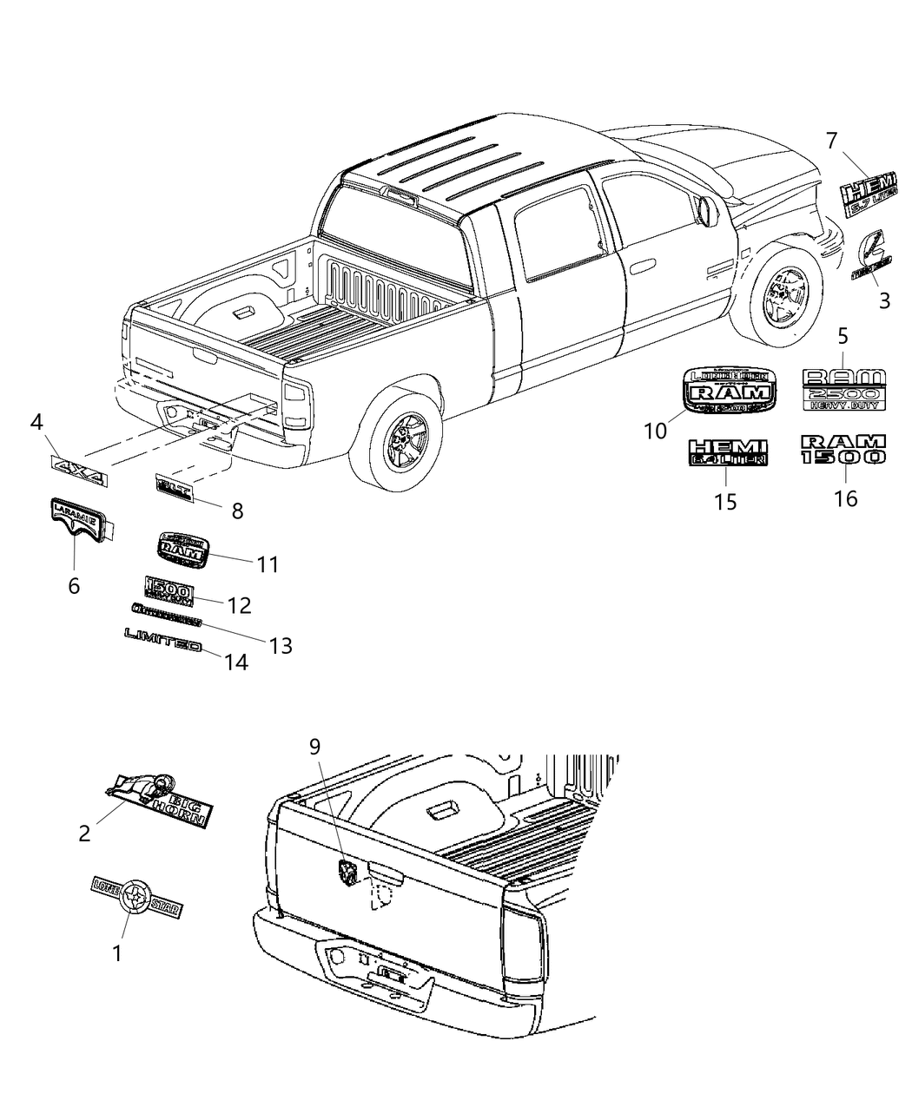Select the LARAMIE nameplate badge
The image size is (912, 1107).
pyautogui.click(x=74, y=519)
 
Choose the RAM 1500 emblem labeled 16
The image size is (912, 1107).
pyautogui.click(x=842, y=449)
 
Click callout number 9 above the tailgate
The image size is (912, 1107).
pyautogui.click(x=314, y=746)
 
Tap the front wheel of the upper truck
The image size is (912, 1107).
pyautogui.click(x=779, y=292)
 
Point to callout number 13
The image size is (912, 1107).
pyautogui.click(x=280, y=646)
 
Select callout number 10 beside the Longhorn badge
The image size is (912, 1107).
pyautogui.click(x=654, y=429)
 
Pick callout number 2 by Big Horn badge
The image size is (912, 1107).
pyautogui.click(x=84, y=834)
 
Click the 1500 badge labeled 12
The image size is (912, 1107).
pyautogui.click(x=169, y=590)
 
